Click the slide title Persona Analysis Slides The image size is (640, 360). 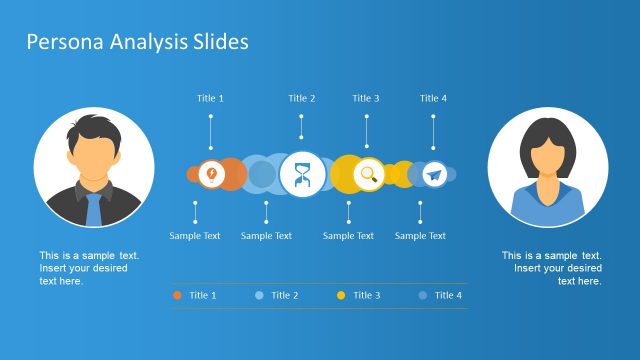pyautogui.click(x=137, y=42)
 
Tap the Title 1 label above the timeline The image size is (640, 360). pyautogui.click(x=210, y=98)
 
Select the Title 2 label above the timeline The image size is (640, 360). pyautogui.click(x=302, y=98)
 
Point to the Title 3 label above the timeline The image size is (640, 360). pyautogui.click(x=366, y=98)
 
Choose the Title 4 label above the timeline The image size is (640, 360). pyautogui.click(x=433, y=98)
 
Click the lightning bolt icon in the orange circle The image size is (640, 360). pyautogui.click(x=210, y=174)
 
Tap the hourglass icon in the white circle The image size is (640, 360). pyautogui.click(x=302, y=175)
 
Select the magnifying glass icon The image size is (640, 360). pyautogui.click(x=368, y=174)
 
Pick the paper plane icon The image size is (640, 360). pyautogui.click(x=433, y=175)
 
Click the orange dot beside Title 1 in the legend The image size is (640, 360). pyautogui.click(x=177, y=295)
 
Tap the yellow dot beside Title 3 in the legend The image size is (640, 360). pyautogui.click(x=341, y=295)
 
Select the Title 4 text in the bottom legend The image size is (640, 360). pyautogui.click(x=448, y=295)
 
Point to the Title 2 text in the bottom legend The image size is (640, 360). pyautogui.click(x=284, y=295)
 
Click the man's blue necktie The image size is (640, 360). pyautogui.click(x=93, y=208)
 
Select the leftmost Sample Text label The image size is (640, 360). pyautogui.click(x=195, y=236)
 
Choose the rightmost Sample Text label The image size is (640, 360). pyautogui.click(x=420, y=236)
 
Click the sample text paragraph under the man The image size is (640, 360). pyautogui.click(x=89, y=268)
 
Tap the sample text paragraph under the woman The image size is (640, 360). pyautogui.click(x=552, y=268)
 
